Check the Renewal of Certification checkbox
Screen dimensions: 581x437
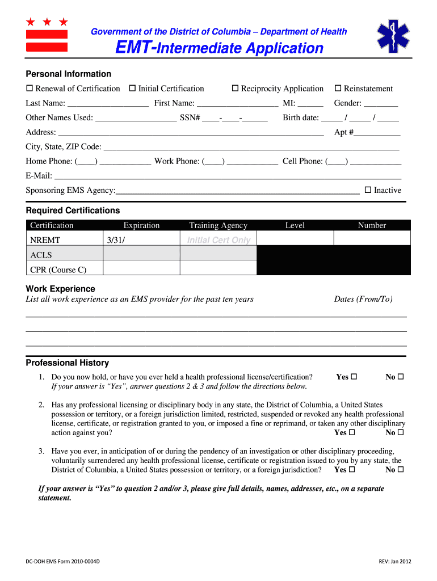30,89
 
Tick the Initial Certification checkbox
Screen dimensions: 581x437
132,89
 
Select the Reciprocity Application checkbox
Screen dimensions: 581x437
235,89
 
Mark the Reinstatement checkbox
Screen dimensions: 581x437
338,89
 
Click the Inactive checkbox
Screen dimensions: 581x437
368,190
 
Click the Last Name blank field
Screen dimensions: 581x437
108,104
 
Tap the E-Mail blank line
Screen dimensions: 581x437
227,176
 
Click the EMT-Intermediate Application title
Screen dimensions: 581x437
219,48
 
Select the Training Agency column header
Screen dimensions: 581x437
218,225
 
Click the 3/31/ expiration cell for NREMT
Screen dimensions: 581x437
141,240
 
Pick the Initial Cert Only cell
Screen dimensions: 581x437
218,240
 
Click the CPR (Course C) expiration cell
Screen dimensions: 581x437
141,270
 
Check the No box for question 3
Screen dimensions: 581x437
401,470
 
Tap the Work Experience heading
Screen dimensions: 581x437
61,289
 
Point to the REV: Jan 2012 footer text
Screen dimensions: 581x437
395,562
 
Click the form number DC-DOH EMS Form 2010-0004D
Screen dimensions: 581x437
63,562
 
